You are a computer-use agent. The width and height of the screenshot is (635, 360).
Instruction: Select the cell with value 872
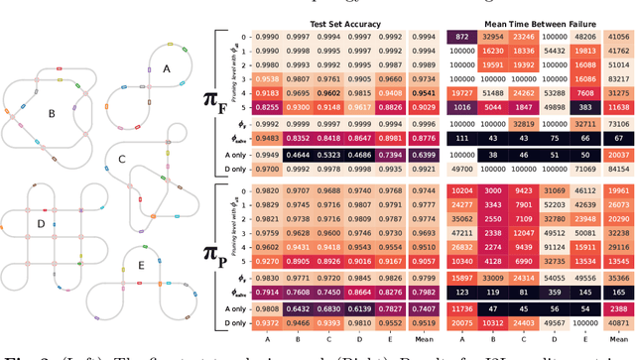pyautogui.click(x=461, y=37)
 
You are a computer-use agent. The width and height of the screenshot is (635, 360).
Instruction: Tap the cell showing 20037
pyautogui.click(x=617, y=155)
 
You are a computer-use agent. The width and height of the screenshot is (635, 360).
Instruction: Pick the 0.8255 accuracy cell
pyautogui.click(x=266, y=108)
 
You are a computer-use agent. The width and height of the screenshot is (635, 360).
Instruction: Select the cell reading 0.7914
pyautogui.click(x=266, y=293)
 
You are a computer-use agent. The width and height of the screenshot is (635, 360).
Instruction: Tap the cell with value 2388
pyautogui.click(x=617, y=308)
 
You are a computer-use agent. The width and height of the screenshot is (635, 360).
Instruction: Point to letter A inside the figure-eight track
pyautogui.click(x=167, y=69)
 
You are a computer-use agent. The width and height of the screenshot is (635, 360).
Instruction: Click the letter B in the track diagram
pyautogui.click(x=51, y=112)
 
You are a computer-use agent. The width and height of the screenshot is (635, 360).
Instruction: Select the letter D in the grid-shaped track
pyautogui.click(x=41, y=224)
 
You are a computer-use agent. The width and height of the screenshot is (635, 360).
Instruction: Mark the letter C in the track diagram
pyautogui.click(x=122, y=159)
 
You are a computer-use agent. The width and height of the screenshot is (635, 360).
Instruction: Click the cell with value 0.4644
pyautogui.click(x=298, y=155)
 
